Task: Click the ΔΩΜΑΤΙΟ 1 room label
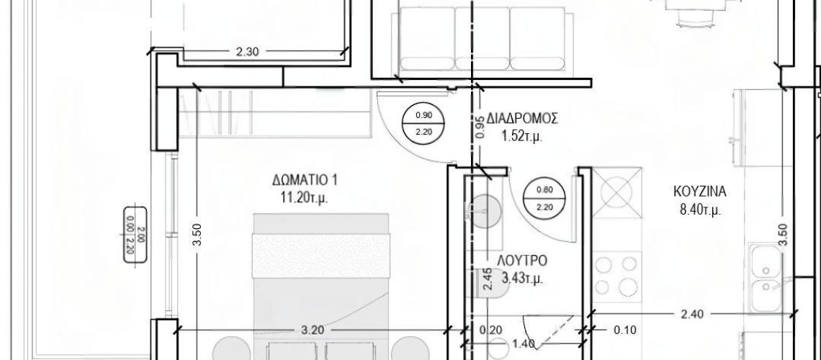coord(305,181)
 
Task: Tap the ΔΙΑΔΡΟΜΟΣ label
coord(522,118)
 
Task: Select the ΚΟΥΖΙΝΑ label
coord(699,192)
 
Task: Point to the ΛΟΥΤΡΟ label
coord(522,261)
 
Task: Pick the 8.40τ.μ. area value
coord(700,210)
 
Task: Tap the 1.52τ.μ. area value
coord(522,137)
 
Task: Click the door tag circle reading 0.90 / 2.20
coord(423,124)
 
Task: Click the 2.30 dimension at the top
coord(248,51)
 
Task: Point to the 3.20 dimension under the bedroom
coord(313,330)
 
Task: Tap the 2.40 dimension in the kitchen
coord(692,314)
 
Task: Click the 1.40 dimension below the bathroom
coord(524,343)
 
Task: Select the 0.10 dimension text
coord(625,330)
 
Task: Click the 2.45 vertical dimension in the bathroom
coord(488,279)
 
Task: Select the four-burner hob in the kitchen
coord(617,276)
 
